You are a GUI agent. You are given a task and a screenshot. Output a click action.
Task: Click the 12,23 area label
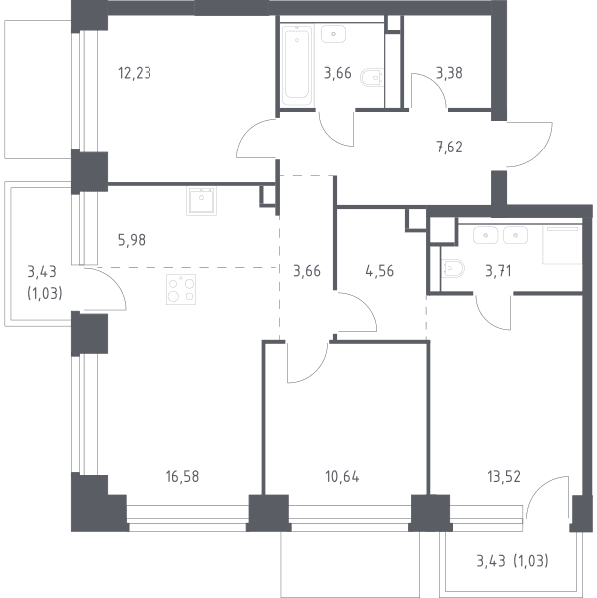[135, 73]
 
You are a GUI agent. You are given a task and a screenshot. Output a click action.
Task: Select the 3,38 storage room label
[448, 73]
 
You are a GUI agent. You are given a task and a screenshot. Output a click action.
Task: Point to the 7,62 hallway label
[448, 147]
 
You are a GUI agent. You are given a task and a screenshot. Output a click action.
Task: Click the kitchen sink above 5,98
[201, 201]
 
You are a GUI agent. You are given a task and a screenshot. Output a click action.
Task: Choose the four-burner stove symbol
[181, 289]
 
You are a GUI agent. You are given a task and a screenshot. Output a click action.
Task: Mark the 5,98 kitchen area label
[132, 240]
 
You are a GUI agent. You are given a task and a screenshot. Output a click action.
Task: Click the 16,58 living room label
[182, 476]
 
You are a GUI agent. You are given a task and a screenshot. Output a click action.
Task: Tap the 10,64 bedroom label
[342, 476]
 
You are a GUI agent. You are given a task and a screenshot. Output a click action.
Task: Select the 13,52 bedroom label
[504, 476]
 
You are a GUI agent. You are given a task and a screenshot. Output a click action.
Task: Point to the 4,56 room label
[379, 271]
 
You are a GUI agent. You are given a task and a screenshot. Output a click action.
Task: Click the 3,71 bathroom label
[498, 271]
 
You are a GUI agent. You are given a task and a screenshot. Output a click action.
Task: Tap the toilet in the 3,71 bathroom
[452, 268]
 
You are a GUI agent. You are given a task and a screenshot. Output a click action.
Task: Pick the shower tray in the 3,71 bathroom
[562, 245]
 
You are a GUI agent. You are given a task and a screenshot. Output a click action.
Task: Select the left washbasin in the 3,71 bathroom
[486, 235]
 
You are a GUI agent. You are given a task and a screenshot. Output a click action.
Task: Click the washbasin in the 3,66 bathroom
[334, 34]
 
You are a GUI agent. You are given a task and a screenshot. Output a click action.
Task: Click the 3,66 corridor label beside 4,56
[307, 271]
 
